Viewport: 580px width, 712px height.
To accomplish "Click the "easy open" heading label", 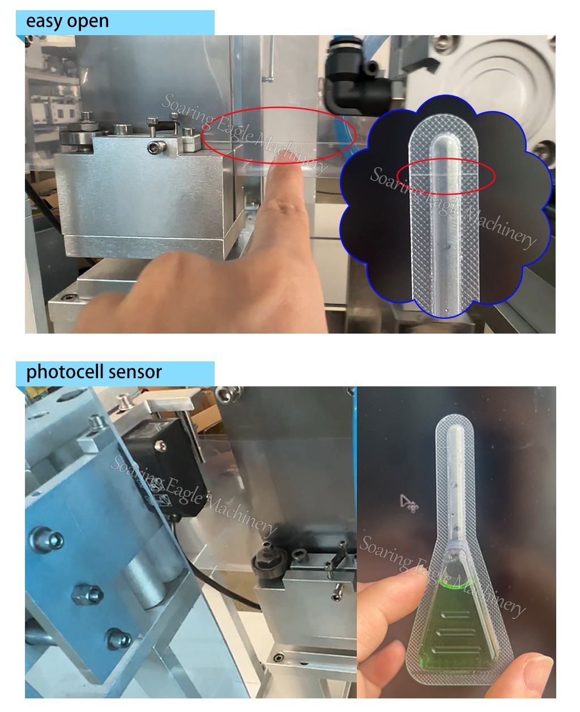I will coord(67,22).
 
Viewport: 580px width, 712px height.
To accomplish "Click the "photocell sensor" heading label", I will coord(94,372).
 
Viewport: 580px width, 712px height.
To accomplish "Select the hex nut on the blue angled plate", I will coord(80,594).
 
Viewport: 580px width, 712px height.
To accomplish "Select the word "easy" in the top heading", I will coord(44,22).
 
